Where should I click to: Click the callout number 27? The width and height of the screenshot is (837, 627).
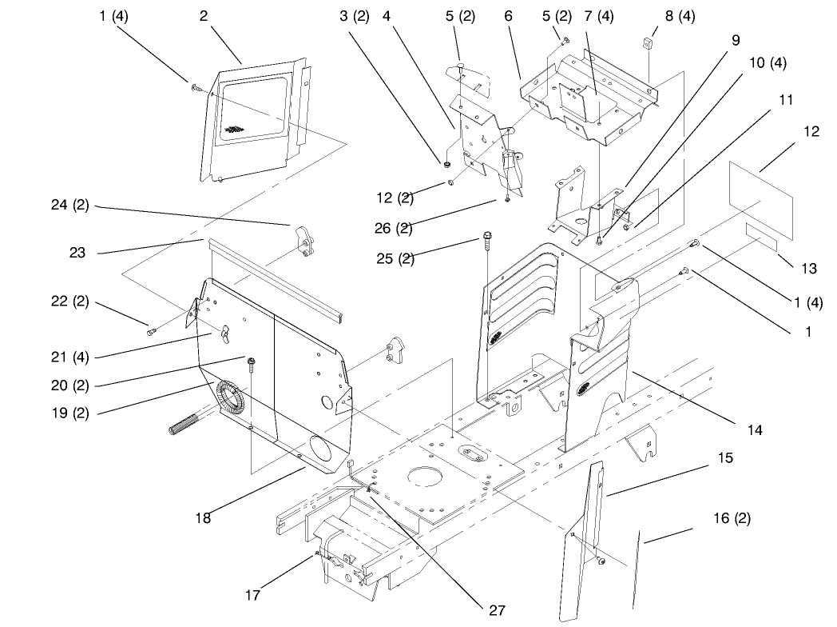click(x=497, y=609)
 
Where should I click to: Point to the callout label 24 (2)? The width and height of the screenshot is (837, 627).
click(x=69, y=206)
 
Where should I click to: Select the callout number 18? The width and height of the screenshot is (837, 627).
click(x=202, y=517)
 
